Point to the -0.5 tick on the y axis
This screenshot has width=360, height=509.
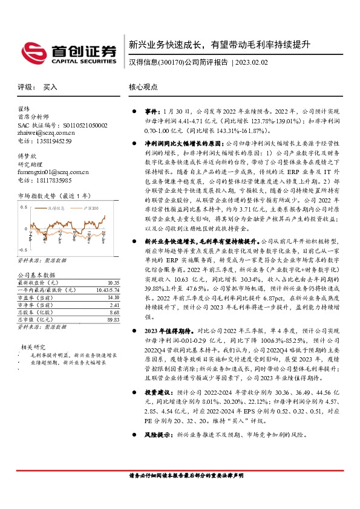pos(24,250)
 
